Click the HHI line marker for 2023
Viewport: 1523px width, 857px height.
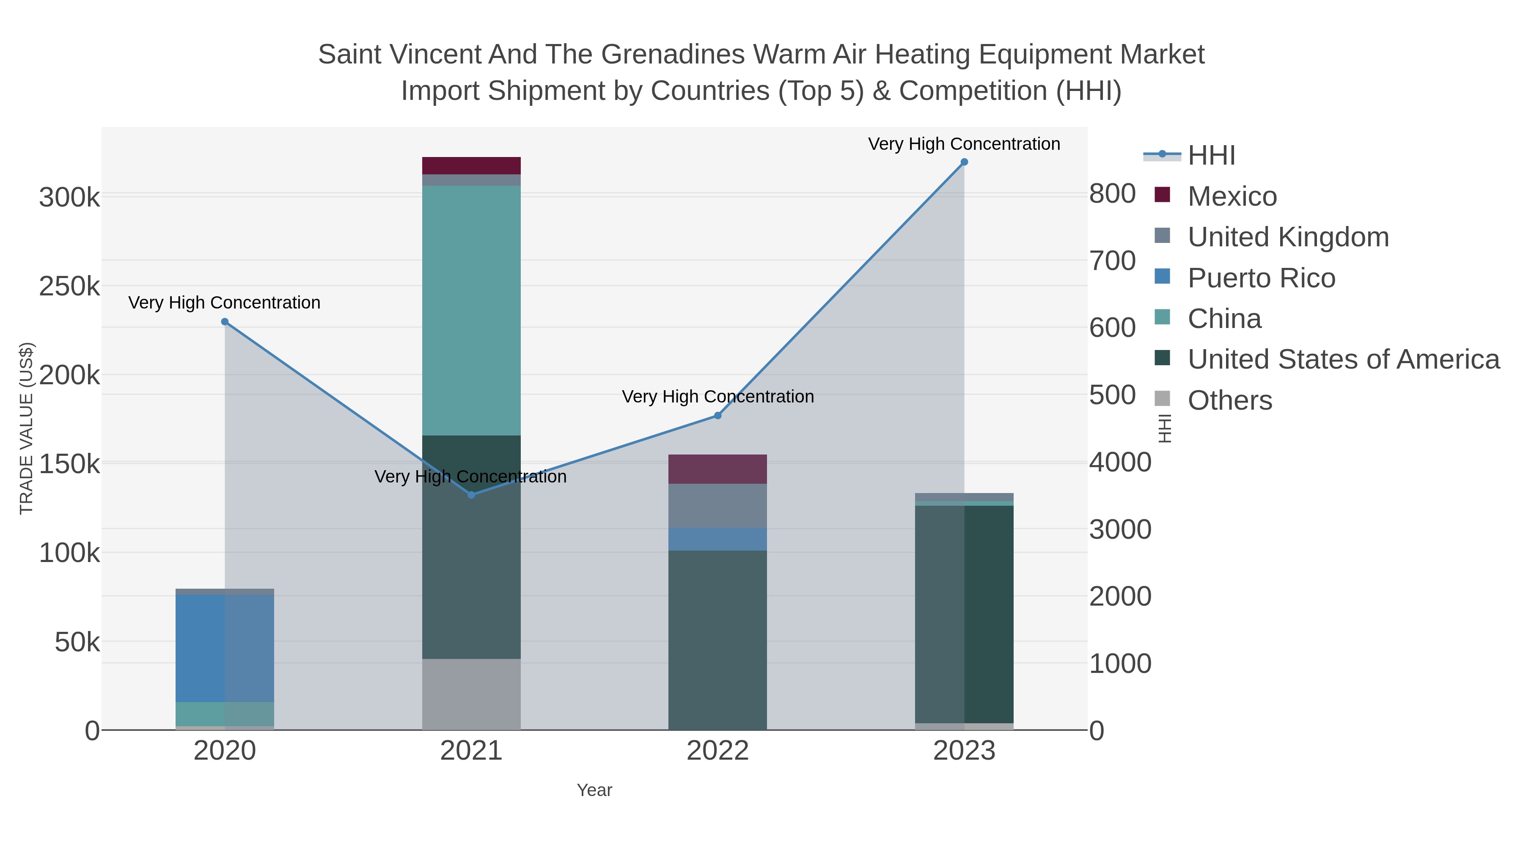tap(964, 162)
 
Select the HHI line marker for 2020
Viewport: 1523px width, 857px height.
tap(225, 322)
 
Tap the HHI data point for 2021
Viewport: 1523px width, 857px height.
tap(471, 494)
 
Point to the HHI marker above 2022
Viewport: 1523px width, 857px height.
tap(718, 416)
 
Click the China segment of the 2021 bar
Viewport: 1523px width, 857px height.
tap(471, 311)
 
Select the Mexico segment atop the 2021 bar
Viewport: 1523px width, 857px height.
tap(471, 165)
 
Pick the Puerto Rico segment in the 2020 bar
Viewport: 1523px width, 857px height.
tap(225, 648)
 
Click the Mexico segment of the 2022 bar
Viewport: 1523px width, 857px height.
tap(718, 469)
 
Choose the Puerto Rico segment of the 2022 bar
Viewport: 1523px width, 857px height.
tap(718, 539)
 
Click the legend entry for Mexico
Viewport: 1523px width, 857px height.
tap(1232, 196)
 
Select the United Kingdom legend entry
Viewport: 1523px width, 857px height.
tap(1288, 237)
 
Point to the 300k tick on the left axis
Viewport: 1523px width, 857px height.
tap(69, 198)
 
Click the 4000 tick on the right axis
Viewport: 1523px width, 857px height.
tap(1120, 463)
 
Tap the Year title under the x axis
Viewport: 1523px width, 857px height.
tap(594, 790)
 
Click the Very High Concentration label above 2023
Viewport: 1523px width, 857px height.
tap(964, 144)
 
